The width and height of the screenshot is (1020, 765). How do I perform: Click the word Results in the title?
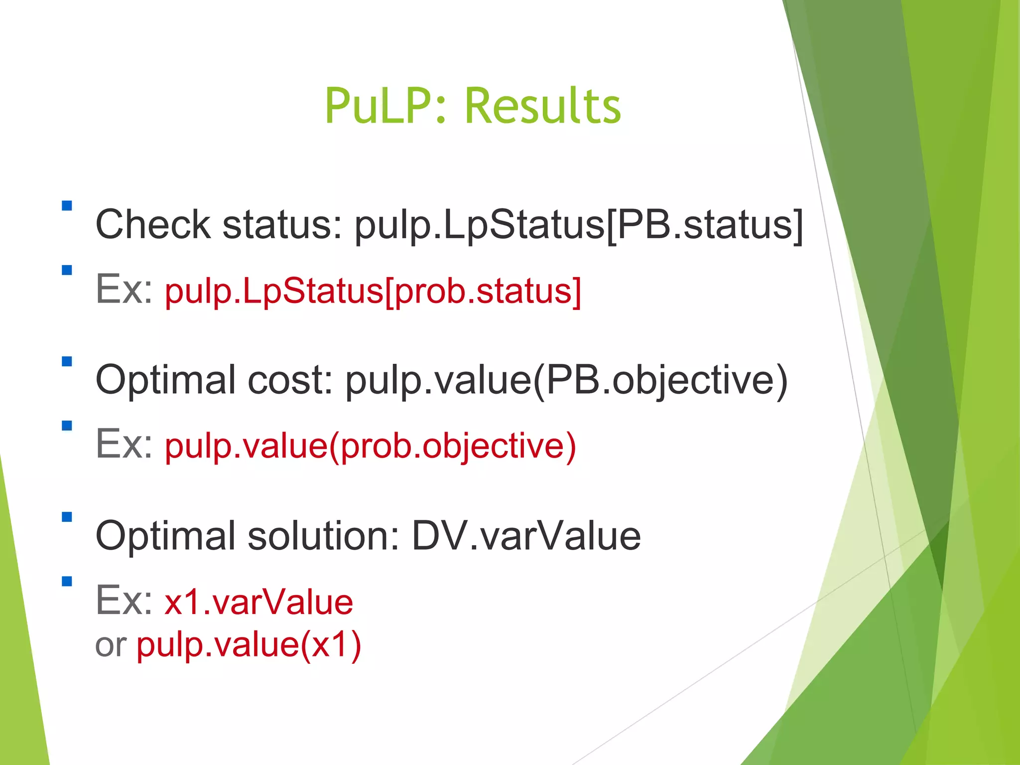click(543, 106)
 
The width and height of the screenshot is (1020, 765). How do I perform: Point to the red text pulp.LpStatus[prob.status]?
click(373, 291)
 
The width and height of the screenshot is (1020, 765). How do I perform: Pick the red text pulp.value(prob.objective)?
click(371, 446)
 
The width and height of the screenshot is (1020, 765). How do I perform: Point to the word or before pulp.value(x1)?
click(111, 645)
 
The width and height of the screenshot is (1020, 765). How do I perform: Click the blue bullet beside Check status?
click(67, 205)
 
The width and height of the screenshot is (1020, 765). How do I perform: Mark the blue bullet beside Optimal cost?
click(67, 361)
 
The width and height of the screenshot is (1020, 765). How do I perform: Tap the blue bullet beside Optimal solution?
click(67, 517)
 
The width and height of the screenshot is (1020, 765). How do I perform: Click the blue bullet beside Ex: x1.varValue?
click(67, 581)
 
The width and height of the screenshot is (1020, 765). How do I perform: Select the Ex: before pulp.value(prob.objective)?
click(125, 444)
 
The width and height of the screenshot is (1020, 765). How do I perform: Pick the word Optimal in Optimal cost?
click(165, 380)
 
